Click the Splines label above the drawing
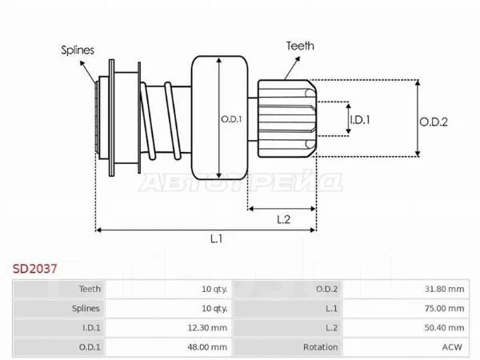78,50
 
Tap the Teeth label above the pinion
300,46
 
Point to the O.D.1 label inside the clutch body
231,119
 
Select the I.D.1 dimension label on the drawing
360,120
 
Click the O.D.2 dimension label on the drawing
434,122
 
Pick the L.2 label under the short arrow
283,219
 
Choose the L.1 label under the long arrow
217,238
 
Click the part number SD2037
35,269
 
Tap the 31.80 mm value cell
444,289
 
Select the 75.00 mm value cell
444,308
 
